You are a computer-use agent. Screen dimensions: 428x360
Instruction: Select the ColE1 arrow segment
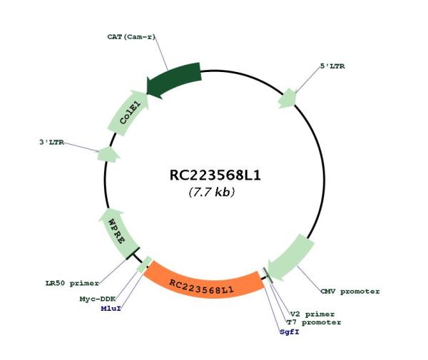[128, 113]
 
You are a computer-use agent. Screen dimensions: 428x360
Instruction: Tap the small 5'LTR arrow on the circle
[287, 98]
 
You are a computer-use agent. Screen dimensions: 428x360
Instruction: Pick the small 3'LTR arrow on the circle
[108, 155]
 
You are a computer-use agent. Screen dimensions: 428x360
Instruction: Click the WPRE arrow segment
[118, 232]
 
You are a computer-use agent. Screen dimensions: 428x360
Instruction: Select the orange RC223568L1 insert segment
[203, 284]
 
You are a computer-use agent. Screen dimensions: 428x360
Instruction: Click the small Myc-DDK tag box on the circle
[144, 264]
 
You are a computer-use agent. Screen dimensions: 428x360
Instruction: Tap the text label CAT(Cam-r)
[131, 37]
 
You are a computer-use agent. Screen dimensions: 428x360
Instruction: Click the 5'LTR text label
[332, 66]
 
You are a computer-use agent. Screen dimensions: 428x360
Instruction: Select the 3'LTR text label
[52, 143]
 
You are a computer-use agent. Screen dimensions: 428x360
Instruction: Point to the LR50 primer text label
[72, 283]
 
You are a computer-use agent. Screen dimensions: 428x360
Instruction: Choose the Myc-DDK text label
[98, 299]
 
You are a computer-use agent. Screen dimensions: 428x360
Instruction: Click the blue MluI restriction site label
[111, 309]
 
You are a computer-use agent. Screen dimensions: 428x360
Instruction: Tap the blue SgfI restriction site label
[290, 332]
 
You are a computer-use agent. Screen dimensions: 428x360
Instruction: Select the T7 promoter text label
[314, 322]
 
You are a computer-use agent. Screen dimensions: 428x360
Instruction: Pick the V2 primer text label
[312, 314]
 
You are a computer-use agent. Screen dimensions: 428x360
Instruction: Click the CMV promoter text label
[350, 292]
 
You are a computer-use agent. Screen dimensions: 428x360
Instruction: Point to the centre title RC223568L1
[215, 175]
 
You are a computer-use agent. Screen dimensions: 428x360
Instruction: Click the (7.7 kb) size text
[212, 192]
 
